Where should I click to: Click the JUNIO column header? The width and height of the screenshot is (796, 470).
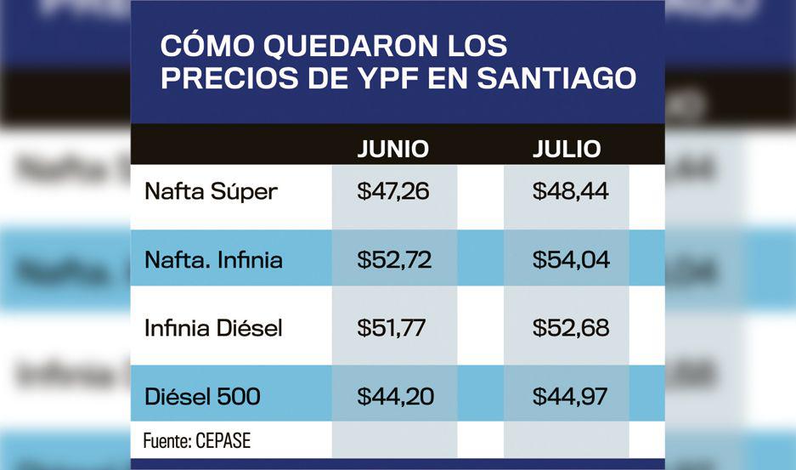(x=392, y=150)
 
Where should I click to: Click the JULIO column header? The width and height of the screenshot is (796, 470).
(x=567, y=150)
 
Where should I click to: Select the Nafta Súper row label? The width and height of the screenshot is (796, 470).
(x=211, y=191)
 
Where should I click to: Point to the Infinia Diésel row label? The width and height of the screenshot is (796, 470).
(x=213, y=327)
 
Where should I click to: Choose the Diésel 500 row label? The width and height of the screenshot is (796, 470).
(x=202, y=396)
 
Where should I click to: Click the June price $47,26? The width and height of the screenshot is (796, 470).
(x=393, y=191)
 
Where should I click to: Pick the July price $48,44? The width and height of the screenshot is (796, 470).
(x=570, y=191)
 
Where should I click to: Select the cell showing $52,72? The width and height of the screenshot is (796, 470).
(x=394, y=259)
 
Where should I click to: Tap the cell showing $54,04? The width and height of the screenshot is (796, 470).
(x=571, y=259)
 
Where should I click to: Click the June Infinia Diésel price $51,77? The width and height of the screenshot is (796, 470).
(x=392, y=327)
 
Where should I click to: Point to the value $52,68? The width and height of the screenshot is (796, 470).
(x=571, y=327)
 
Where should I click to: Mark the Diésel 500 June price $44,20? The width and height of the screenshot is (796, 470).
(x=393, y=396)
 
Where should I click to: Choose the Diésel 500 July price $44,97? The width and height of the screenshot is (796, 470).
(x=570, y=396)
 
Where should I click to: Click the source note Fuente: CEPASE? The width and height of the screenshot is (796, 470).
(x=197, y=442)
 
